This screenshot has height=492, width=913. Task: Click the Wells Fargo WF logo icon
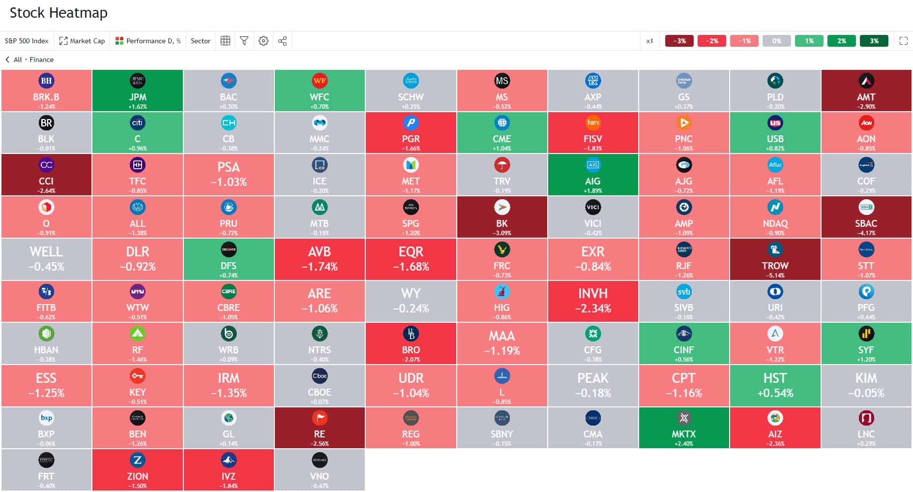[320, 81]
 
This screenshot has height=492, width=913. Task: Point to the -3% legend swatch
[679, 41]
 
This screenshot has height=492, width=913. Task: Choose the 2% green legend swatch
[841, 41]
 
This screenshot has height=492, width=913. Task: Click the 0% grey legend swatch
[776, 41]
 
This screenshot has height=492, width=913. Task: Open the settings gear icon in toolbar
[264, 41]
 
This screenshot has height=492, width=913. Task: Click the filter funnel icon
[244, 41]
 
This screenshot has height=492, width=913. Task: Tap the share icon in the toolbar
[282, 41]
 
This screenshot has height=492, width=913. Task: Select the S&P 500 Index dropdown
[27, 41]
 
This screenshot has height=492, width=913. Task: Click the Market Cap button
[82, 41]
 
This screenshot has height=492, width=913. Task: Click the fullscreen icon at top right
[903, 41]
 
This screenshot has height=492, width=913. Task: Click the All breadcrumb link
[18, 60]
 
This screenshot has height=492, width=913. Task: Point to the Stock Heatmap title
[59, 13]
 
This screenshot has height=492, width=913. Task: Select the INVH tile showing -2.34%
[592, 301]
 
